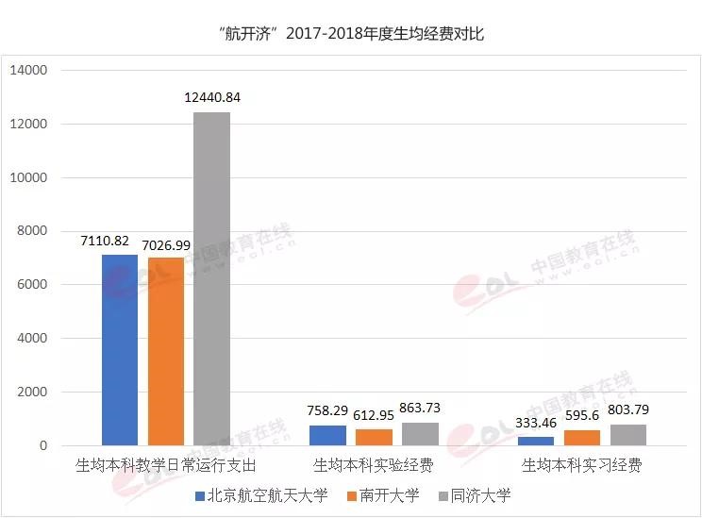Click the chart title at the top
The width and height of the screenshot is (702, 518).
click(x=350, y=35)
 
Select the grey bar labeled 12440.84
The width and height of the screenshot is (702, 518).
click(x=211, y=278)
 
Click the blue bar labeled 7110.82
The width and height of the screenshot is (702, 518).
click(x=120, y=349)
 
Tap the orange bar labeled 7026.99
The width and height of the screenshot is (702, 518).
click(x=165, y=351)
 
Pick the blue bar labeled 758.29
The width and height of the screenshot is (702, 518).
click(x=328, y=435)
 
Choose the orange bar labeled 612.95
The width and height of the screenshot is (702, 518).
click(x=374, y=437)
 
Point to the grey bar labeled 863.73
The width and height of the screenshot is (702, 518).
click(x=420, y=434)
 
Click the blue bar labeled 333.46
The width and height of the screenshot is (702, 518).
click(x=536, y=441)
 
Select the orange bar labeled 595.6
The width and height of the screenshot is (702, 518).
click(x=582, y=437)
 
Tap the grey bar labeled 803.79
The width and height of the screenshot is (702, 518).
click(x=628, y=435)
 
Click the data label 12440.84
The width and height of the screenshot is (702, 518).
click(x=211, y=98)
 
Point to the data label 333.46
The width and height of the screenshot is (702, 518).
click(x=536, y=423)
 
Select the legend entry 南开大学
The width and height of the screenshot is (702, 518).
click(x=384, y=495)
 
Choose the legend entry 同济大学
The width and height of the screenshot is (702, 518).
click(x=475, y=495)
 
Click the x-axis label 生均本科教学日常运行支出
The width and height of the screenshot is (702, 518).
click(x=165, y=466)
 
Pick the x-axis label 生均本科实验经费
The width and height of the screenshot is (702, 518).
click(x=374, y=466)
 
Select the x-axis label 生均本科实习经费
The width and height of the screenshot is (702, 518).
click(x=582, y=466)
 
